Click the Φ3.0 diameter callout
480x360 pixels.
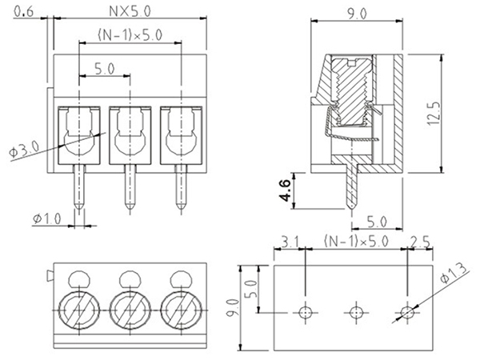[23, 150]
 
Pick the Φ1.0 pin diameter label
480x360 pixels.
[47, 218]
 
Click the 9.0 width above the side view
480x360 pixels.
[358, 14]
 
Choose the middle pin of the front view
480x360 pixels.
[129, 188]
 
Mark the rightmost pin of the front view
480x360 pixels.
[180, 188]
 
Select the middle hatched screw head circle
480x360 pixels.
[129, 308]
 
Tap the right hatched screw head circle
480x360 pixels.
[180, 308]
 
